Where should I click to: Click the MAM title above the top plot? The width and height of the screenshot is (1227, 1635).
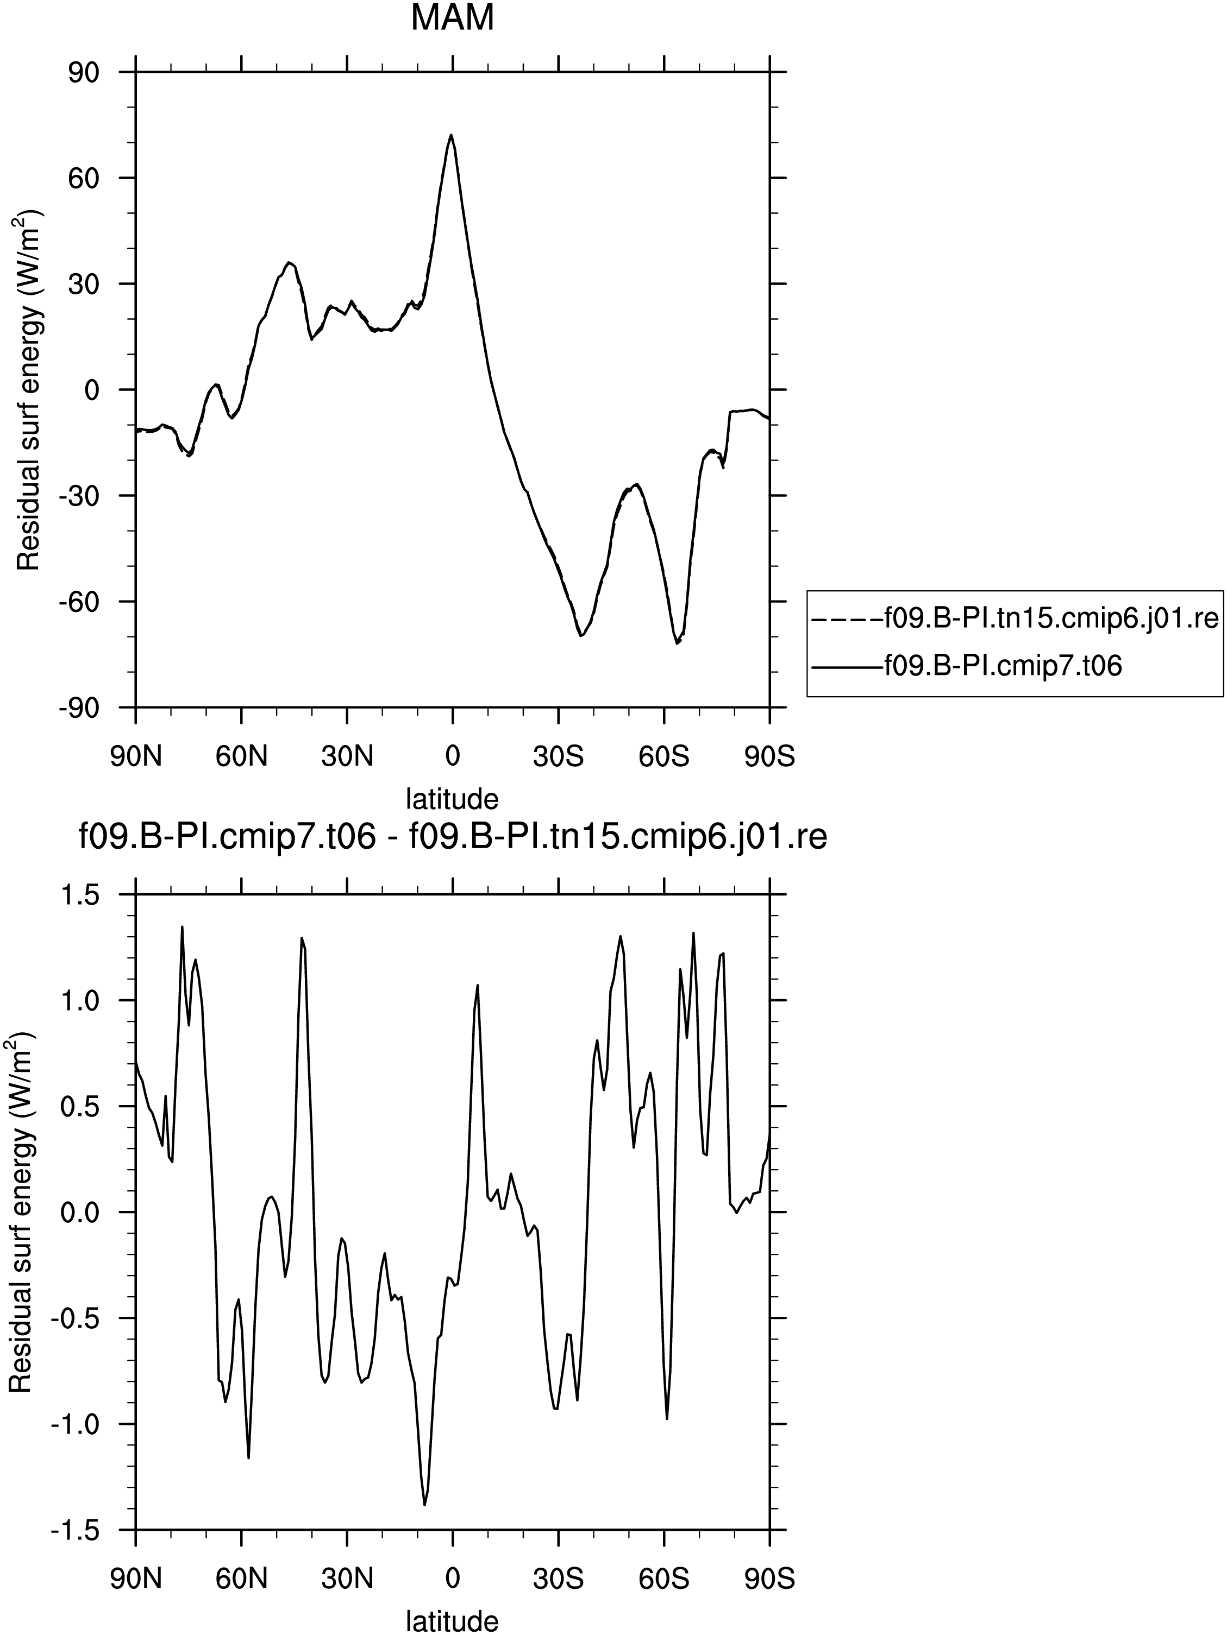452,18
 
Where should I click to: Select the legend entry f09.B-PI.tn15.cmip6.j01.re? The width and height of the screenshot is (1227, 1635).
1015,618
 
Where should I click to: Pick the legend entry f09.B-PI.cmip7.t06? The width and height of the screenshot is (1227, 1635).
967,667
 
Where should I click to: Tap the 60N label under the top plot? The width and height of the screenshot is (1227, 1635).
241,757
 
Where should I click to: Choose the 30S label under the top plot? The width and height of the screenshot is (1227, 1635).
559,757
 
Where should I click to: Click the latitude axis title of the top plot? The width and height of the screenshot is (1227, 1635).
452,798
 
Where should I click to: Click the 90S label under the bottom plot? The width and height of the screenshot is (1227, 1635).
770,1580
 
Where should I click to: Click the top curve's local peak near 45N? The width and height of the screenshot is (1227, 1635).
290,262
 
